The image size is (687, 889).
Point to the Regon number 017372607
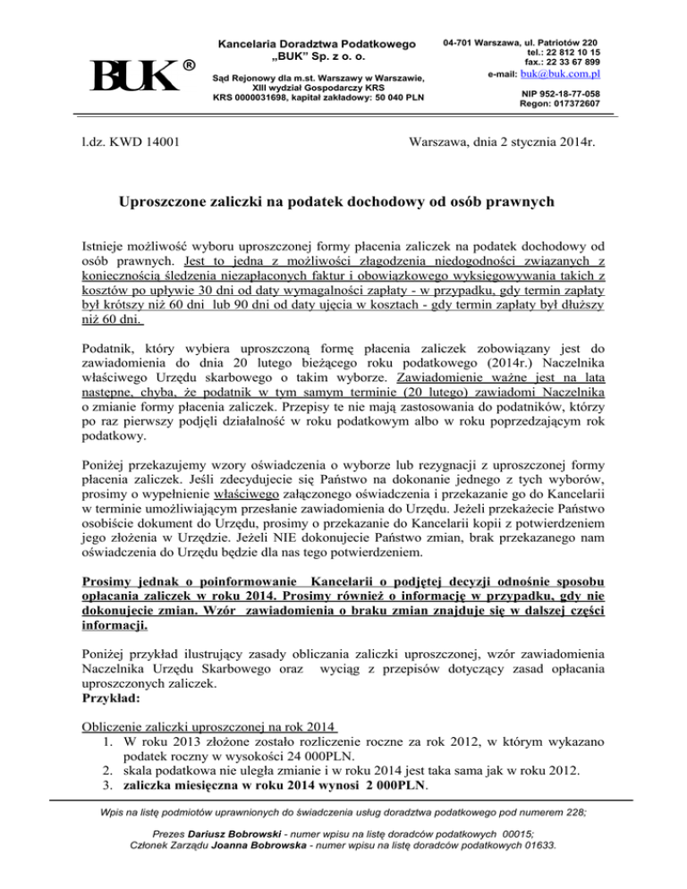579,104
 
